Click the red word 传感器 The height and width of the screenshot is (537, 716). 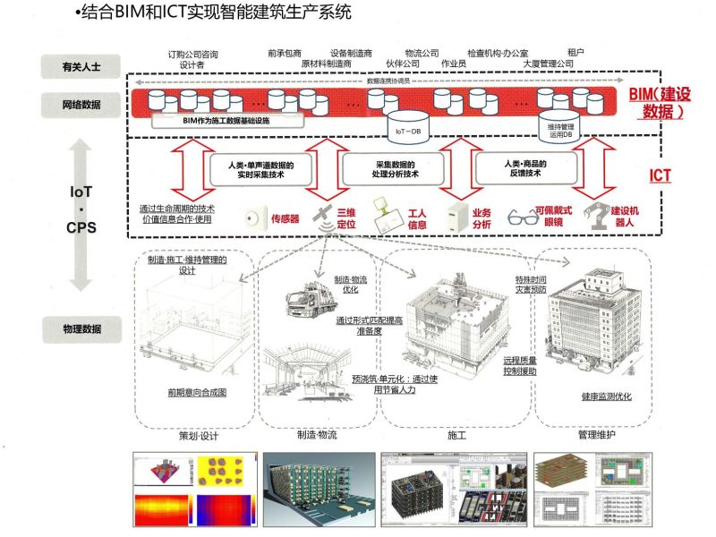point(285,217)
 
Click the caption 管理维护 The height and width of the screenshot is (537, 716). point(600,436)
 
